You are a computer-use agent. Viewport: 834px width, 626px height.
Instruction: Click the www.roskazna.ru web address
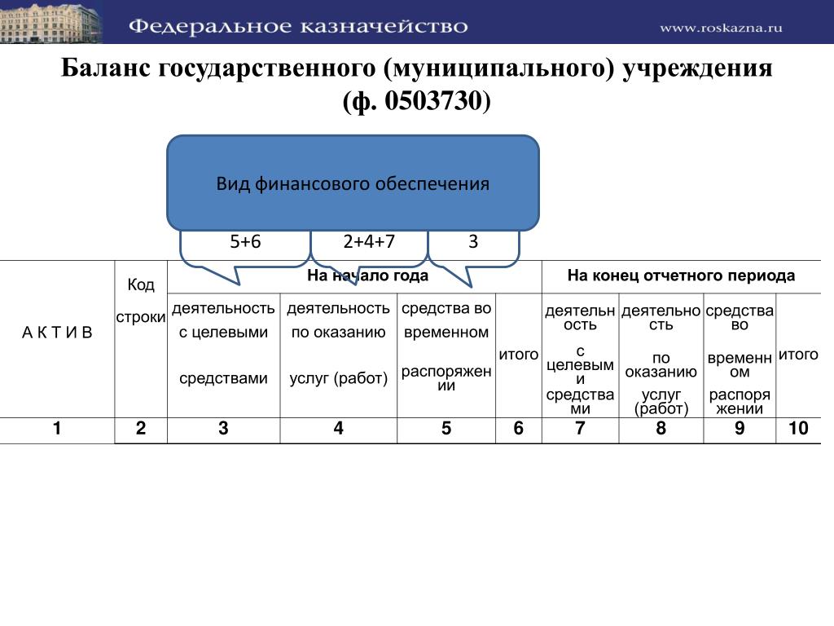pos(721,28)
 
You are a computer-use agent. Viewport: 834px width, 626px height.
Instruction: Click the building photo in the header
pos(50,23)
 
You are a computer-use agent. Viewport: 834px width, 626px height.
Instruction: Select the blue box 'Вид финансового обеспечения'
pos(353,183)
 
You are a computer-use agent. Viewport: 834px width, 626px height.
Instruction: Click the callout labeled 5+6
pos(245,243)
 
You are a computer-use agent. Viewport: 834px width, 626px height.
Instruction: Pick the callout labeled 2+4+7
pos(369,243)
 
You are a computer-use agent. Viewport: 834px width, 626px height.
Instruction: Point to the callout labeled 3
pos(473,243)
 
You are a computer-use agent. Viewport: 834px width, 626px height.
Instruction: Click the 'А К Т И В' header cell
pos(57,333)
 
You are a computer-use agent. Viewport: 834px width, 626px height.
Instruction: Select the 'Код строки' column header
pos(141,301)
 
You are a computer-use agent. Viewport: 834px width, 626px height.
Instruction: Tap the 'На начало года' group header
pos(368,276)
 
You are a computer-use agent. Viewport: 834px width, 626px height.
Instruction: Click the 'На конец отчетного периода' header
pos(681,276)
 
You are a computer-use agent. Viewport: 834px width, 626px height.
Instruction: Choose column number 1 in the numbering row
pos(57,430)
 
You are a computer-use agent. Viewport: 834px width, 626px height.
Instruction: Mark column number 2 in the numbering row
pos(141,430)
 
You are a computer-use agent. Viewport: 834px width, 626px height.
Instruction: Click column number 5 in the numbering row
pos(446,430)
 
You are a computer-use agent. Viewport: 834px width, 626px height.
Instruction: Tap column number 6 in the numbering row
pos(519,430)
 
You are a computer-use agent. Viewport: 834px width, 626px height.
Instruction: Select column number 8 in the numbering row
pos(661,430)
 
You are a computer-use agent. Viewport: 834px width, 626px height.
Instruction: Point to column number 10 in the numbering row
pos(798,430)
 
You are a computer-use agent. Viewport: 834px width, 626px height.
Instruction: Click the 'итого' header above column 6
pos(519,355)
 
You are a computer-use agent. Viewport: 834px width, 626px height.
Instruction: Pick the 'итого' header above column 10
pos(798,355)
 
